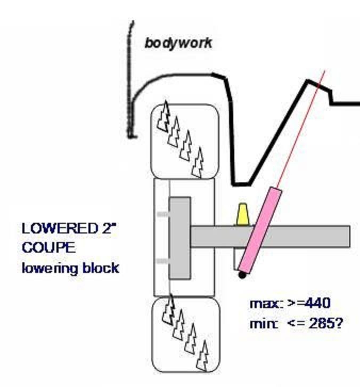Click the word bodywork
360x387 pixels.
click(178, 44)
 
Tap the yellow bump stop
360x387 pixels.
click(243, 214)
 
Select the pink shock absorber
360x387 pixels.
click(260, 230)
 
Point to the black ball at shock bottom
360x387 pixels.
click(242, 275)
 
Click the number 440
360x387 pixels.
click(317, 303)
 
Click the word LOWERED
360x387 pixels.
click(60, 228)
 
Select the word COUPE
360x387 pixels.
click(48, 247)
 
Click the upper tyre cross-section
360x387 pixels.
click(185, 141)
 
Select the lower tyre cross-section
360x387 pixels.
click(186, 334)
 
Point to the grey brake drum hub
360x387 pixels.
click(180, 238)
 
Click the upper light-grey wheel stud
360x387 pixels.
click(163, 214)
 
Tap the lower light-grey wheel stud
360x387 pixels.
click(163, 261)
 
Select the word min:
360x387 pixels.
click(264, 324)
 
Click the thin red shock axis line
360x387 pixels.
click(301, 129)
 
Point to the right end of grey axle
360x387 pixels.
click(350, 236)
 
